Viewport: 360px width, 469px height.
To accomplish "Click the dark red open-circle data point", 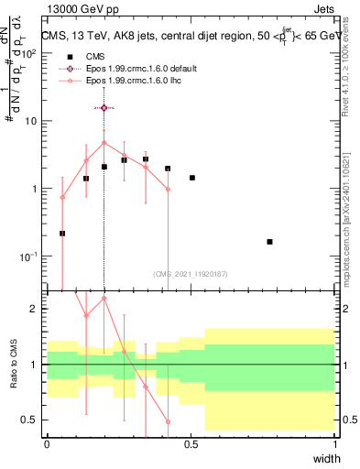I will [x=104, y=108].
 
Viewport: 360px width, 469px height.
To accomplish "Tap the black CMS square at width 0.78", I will [x=269, y=242].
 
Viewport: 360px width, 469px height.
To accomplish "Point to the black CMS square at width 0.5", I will [x=191, y=178].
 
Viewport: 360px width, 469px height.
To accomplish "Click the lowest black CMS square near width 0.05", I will [x=62, y=234].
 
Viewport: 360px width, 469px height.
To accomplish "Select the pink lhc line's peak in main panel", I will [x=104, y=143].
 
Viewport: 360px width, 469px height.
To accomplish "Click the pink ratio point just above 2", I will [x=104, y=298].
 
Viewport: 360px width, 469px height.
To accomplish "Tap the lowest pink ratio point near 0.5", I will [x=168, y=422].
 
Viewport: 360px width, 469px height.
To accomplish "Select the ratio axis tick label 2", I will [x=37, y=310].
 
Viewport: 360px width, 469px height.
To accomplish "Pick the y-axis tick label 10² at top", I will [x=31, y=53].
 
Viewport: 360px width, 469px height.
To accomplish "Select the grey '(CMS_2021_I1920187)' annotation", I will [x=190, y=273].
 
